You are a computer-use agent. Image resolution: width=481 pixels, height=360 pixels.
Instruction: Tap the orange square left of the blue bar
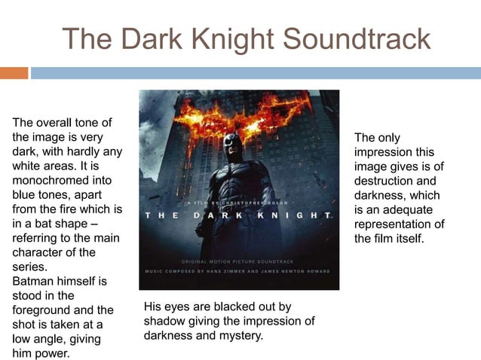click(x=14, y=73)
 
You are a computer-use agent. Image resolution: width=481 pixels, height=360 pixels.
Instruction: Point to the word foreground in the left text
click(x=44, y=310)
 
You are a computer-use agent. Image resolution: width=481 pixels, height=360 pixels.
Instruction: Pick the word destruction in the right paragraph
click(x=385, y=181)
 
